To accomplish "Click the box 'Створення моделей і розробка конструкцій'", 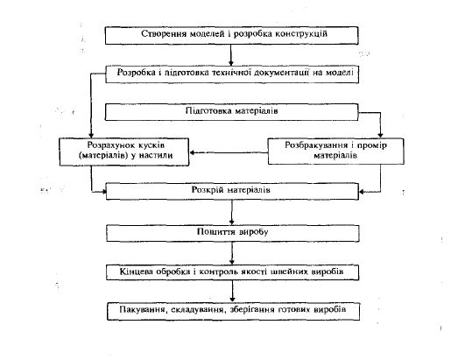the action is click(x=232, y=35).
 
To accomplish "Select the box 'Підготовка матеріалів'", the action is click(x=232, y=112).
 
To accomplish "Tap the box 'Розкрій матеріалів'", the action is click(x=232, y=192).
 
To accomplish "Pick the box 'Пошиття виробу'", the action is click(x=233, y=233).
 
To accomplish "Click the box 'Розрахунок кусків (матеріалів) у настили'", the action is click(x=124, y=152).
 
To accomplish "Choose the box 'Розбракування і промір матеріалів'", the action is click(x=336, y=151).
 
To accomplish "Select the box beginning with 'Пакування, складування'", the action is click(x=234, y=312).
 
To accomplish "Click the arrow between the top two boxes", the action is click(x=231, y=55).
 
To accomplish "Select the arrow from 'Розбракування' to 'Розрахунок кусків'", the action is click(x=229, y=152).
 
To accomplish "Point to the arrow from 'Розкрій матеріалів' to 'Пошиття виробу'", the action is click(x=232, y=213).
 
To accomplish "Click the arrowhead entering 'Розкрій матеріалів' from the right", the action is click(x=362, y=192).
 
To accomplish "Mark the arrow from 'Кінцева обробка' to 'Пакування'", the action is click(x=233, y=292).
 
